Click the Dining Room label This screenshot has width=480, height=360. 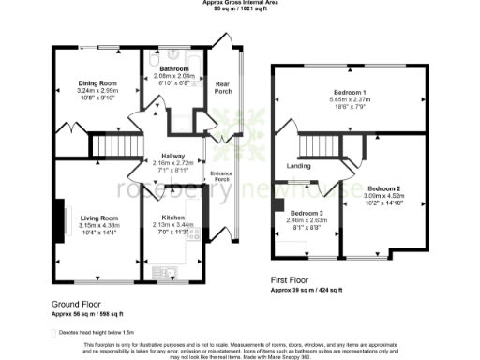[x=96, y=83]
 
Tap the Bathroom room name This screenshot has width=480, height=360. [x=175, y=68]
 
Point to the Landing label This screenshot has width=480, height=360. [x=298, y=166]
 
